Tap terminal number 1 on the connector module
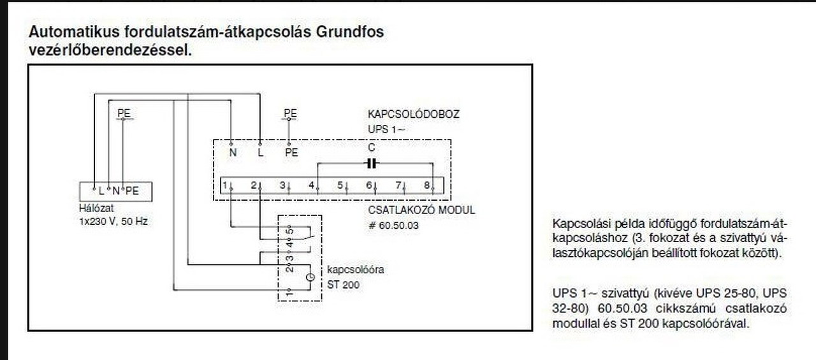[x=226, y=185]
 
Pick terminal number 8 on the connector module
[x=426, y=185]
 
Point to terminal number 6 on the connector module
[x=369, y=185]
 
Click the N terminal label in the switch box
[x=233, y=152]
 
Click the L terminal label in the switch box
[x=260, y=152]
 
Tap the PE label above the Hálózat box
[x=124, y=113]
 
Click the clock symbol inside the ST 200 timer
[x=310, y=277]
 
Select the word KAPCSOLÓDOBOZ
[x=413, y=115]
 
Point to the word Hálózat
[x=93, y=208]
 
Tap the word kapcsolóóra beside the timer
[x=356, y=270]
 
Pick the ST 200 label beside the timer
[x=343, y=284]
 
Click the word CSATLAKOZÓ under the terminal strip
[x=399, y=210]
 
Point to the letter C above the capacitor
[x=372, y=148]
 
